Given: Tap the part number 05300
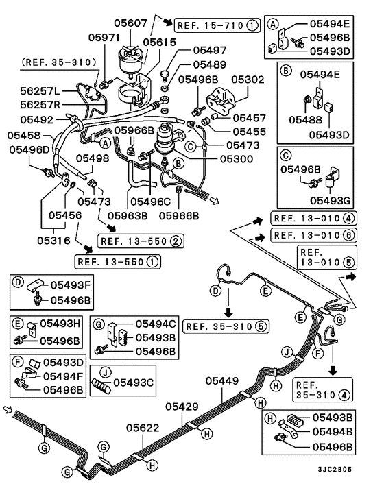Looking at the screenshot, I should pos(237,159).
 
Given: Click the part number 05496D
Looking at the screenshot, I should pos(29,149).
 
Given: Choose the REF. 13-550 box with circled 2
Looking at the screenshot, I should pos(141,241).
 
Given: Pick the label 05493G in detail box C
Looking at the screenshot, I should pos(332,200).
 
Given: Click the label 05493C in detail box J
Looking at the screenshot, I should pos(135,382).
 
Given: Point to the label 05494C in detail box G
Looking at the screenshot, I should pos(156,324).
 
